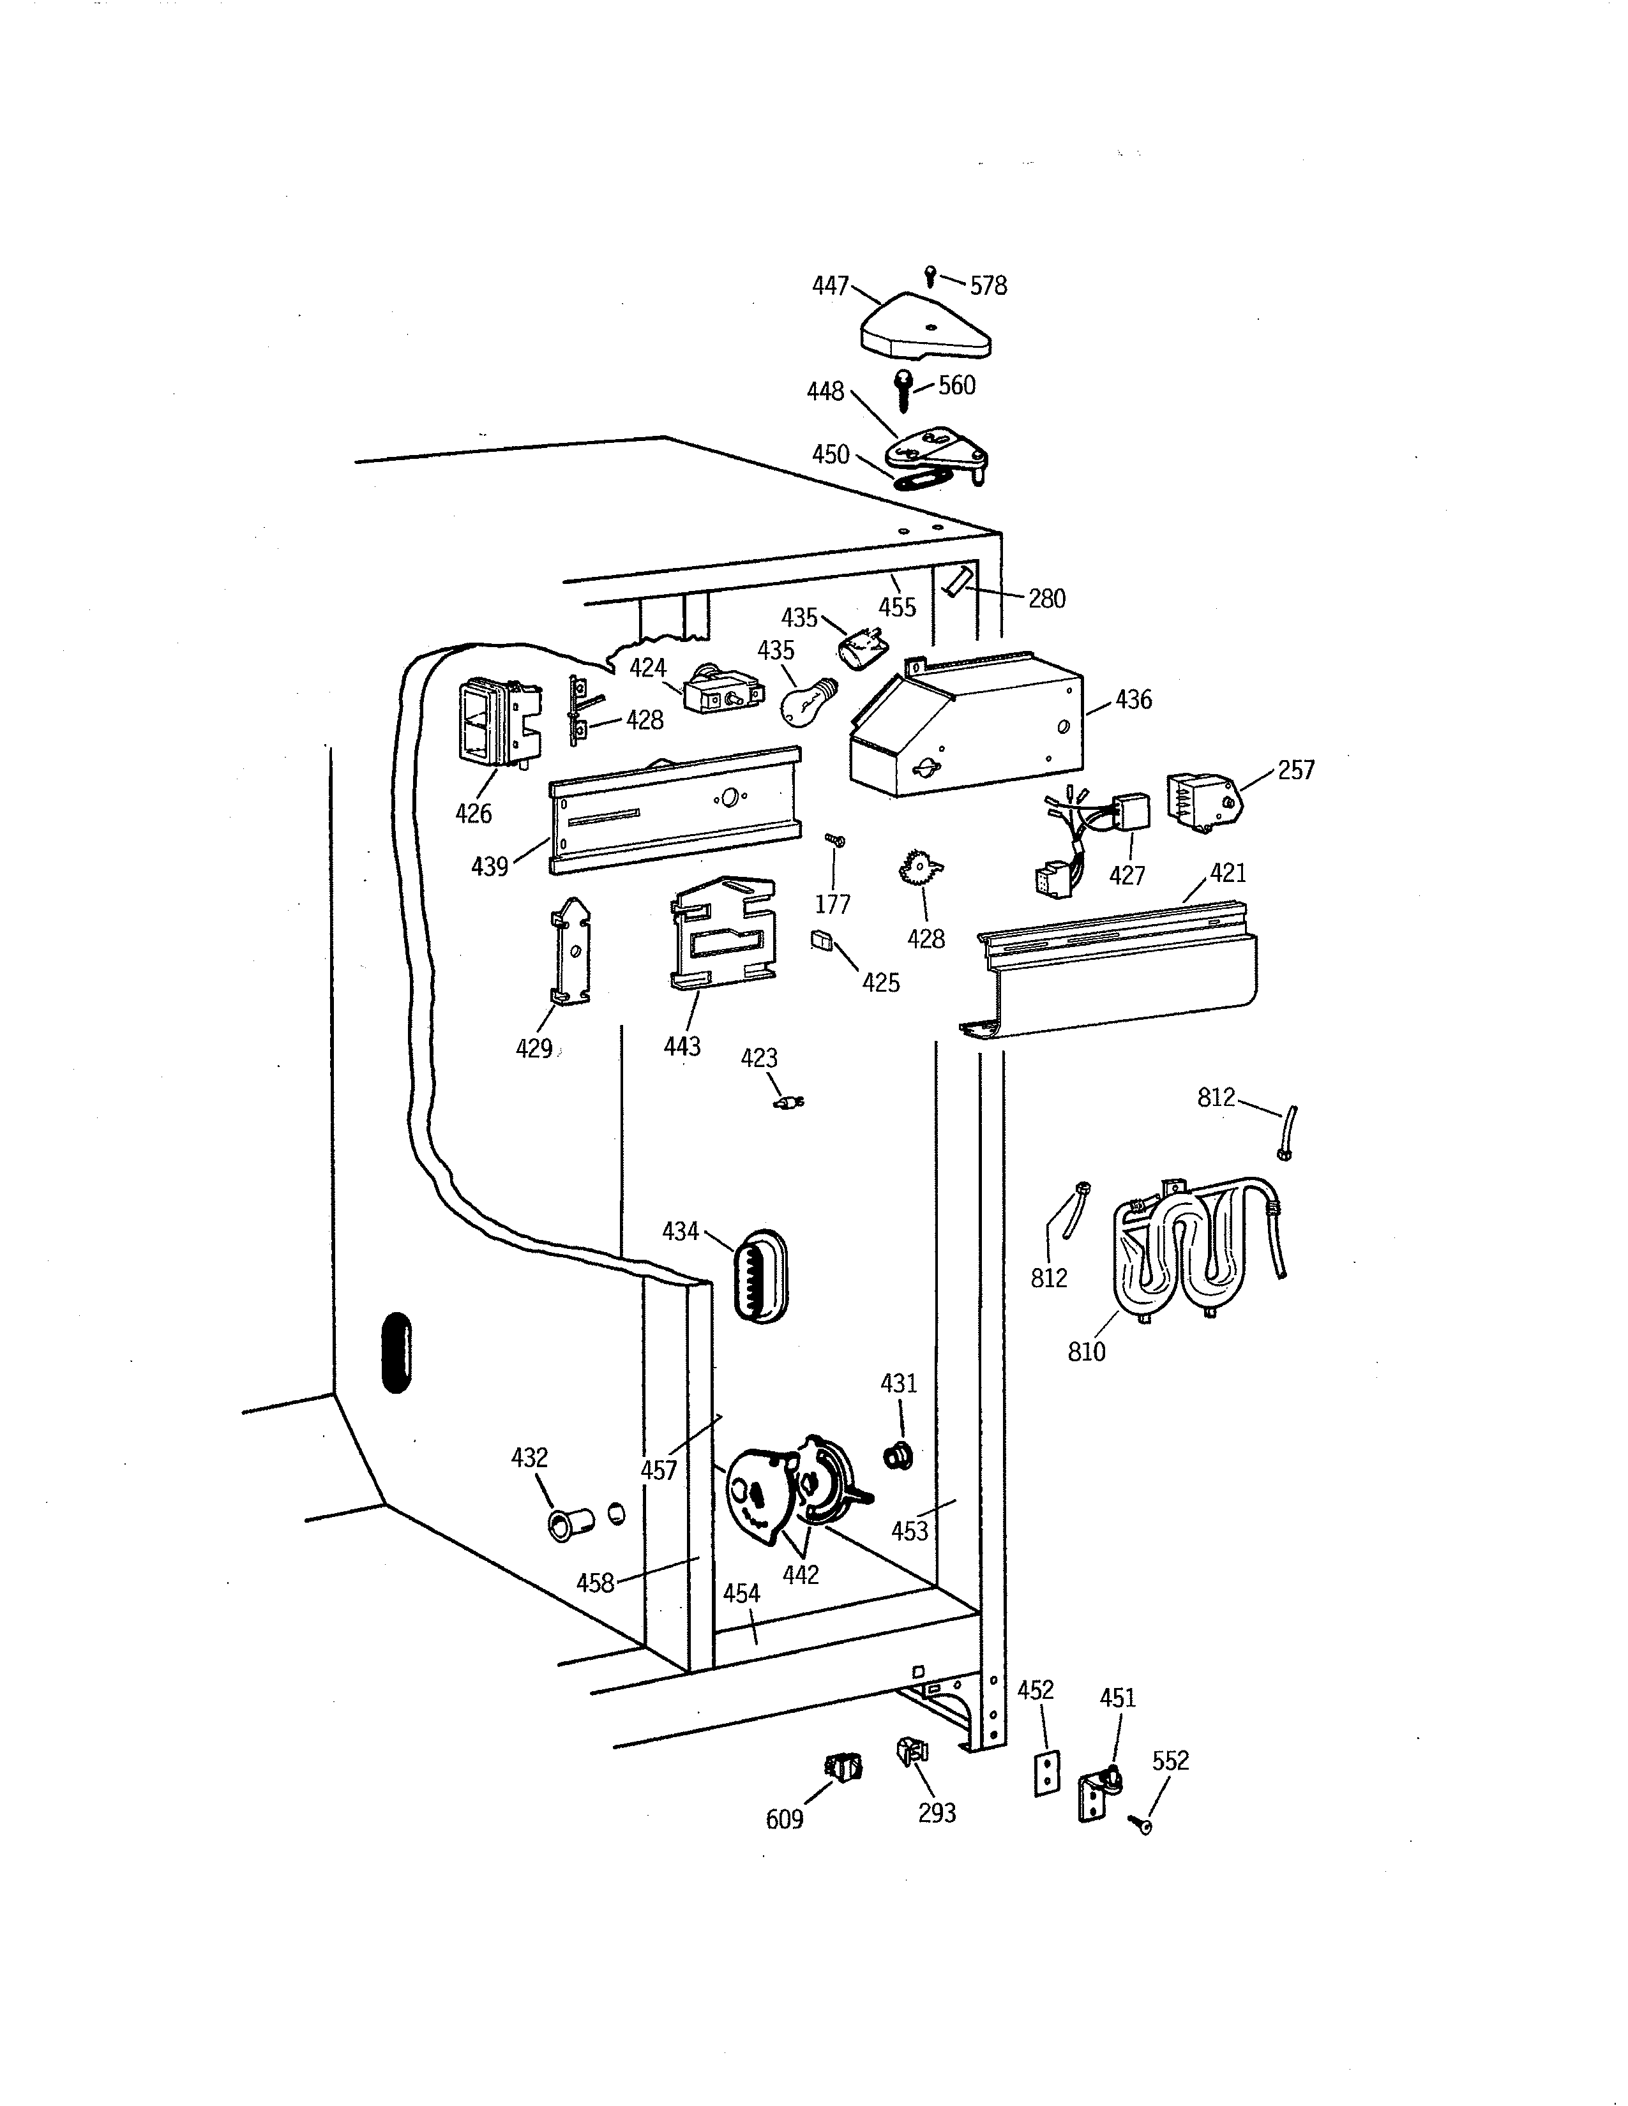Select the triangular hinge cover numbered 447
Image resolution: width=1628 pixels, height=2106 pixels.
click(924, 328)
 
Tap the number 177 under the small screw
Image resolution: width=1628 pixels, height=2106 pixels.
click(833, 904)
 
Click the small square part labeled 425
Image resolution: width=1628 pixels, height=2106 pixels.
click(821, 939)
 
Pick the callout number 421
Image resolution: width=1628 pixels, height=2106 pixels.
click(1228, 874)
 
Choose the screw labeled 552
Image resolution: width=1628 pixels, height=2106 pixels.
click(1140, 1823)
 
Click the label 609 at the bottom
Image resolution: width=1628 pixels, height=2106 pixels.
click(784, 1819)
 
